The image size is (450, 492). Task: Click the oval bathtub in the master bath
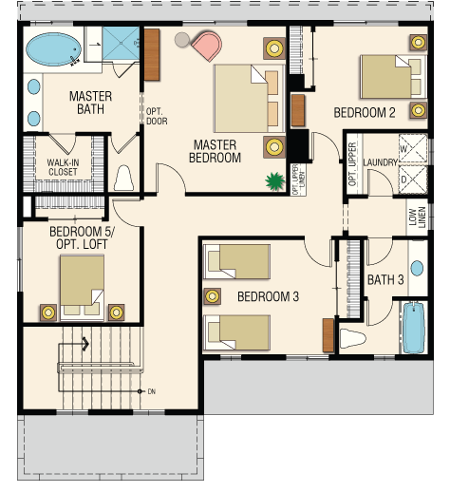point(53,49)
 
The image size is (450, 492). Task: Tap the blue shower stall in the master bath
point(121,43)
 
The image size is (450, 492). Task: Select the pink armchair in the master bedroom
point(207,46)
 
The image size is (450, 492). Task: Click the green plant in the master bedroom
point(274,181)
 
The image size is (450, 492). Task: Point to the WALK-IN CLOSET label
point(63,167)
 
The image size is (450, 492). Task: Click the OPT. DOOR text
point(157,116)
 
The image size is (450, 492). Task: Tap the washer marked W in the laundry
point(413,148)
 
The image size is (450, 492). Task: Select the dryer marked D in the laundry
point(413,180)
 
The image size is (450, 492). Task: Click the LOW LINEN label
point(417,217)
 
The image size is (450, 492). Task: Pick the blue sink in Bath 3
point(417,268)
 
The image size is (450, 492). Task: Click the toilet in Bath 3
point(352,338)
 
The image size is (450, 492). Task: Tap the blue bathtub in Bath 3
point(414,328)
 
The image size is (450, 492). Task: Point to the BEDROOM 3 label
point(268,296)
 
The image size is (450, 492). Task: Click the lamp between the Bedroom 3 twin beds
point(212,296)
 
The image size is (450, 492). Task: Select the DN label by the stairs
point(152,391)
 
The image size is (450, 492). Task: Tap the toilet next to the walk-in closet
point(123,179)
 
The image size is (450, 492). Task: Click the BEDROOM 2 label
point(365,113)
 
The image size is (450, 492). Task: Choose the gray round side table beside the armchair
point(182,40)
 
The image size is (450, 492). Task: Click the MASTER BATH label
point(90,103)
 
